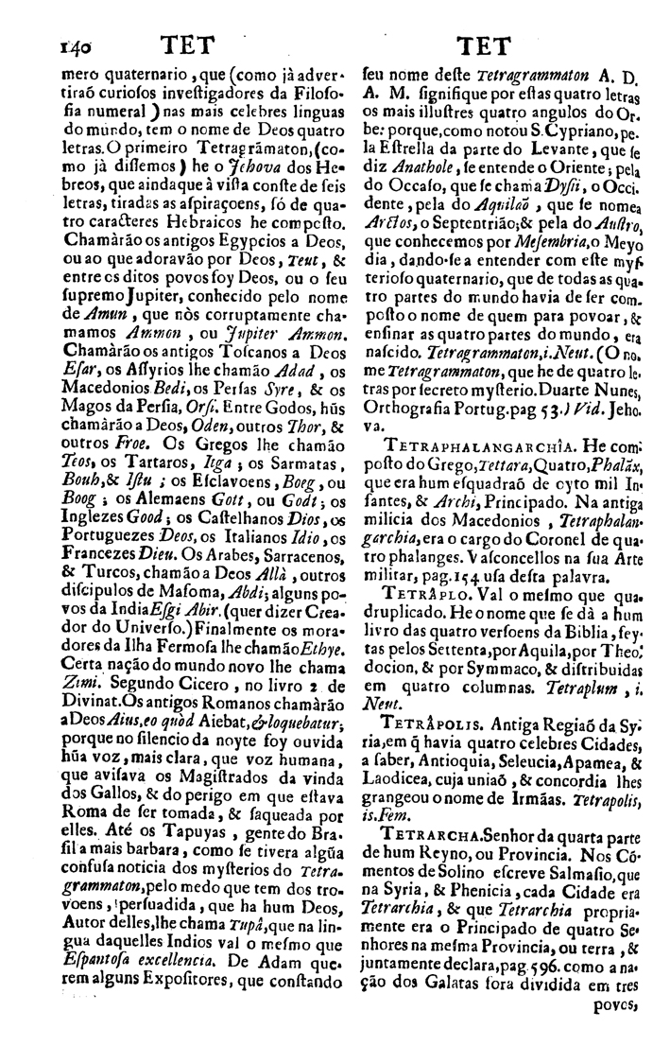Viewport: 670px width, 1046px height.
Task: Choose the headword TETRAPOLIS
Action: tap(425, 728)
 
